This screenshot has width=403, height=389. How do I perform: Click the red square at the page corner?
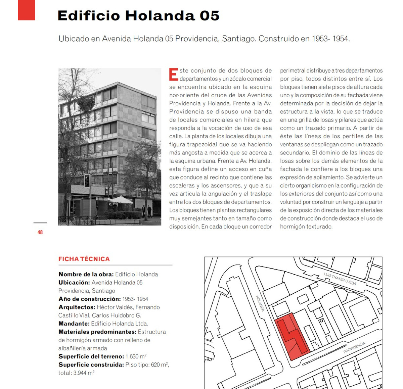[x=27, y=10]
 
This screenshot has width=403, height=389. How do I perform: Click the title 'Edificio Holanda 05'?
[x=138, y=16]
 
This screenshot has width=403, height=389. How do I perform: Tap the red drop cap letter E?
[x=173, y=75]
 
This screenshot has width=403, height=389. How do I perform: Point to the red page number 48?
[x=40, y=232]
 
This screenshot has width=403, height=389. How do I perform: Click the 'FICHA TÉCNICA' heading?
[x=84, y=259]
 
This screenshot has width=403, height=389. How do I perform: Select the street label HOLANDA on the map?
[x=260, y=303]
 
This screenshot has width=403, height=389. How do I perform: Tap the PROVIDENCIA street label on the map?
[x=354, y=347]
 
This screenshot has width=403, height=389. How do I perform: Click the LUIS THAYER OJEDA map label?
[x=340, y=279]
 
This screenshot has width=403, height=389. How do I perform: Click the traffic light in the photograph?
[x=87, y=181]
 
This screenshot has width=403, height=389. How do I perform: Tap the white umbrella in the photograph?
[x=121, y=200]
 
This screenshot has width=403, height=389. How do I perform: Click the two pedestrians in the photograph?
[x=146, y=211]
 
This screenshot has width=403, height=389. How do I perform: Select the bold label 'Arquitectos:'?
[x=77, y=307]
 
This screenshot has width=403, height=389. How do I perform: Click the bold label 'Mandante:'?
[x=74, y=324]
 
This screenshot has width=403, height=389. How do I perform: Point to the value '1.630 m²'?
[x=136, y=356]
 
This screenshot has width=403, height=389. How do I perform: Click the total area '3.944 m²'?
[x=84, y=373]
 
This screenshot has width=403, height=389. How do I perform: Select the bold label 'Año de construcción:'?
[x=89, y=299]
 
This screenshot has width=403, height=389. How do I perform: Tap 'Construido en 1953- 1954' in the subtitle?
[x=304, y=39]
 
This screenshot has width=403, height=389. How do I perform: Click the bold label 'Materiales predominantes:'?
[x=97, y=332]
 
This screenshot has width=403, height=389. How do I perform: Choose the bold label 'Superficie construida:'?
[x=91, y=364]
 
